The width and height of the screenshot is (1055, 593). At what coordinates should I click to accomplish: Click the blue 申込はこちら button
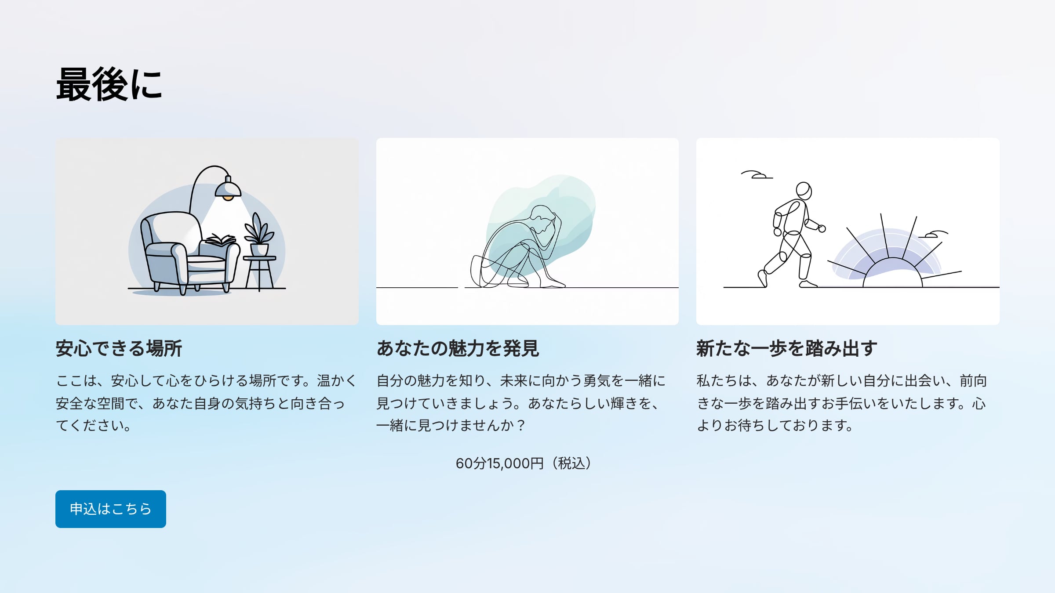click(111, 509)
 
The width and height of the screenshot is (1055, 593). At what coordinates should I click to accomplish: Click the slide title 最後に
click(109, 85)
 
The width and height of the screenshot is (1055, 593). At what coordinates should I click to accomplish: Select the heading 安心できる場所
click(119, 348)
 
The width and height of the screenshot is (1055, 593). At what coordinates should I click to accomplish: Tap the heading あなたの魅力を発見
click(458, 348)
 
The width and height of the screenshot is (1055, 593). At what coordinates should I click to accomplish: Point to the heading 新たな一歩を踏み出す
click(787, 348)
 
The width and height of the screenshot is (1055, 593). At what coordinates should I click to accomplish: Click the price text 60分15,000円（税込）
click(523, 463)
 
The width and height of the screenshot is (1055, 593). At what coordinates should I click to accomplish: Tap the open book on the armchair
click(221, 240)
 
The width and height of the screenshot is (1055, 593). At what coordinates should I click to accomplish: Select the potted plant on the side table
click(259, 235)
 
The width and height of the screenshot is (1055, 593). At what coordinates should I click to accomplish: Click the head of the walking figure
click(804, 191)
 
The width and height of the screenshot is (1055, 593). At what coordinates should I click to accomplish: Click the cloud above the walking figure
click(757, 175)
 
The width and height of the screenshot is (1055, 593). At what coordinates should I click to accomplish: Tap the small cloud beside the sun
click(934, 234)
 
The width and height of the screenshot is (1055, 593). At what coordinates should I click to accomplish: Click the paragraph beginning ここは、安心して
click(206, 403)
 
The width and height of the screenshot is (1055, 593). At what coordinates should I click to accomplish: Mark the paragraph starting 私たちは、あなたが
click(842, 403)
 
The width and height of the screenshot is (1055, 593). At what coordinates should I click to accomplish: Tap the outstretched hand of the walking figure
click(821, 228)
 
